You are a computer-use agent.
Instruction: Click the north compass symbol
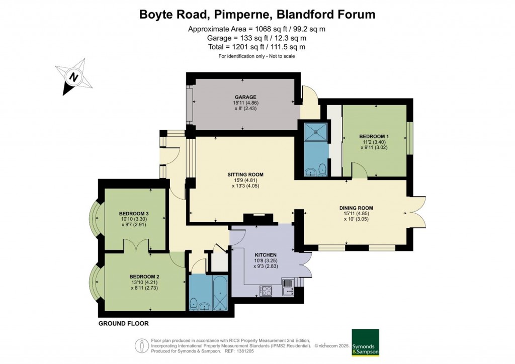pos(74,77)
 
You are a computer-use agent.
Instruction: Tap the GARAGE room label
pos(245,97)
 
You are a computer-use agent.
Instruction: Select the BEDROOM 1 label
pos(374,136)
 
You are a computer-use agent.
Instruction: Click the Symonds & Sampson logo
pos(365,343)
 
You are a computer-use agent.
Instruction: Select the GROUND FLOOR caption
pos(123,324)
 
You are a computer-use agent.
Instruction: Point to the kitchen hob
pos(266,290)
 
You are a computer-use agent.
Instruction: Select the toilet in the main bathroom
pos(193,303)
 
